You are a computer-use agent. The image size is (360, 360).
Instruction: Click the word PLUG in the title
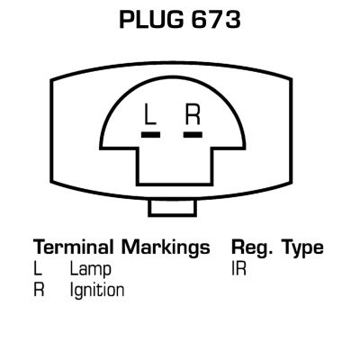151,20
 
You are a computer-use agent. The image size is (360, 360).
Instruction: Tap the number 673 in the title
216,20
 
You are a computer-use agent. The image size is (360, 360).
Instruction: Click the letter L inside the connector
150,114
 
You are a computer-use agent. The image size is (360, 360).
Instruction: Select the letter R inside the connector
193,114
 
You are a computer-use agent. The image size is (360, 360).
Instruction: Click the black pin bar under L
150,135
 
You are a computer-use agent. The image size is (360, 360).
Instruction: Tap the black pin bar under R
193,135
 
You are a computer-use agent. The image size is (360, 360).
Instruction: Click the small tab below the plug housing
173,208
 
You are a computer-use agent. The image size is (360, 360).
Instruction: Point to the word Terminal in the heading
73,247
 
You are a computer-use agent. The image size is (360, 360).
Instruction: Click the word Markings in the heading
166,248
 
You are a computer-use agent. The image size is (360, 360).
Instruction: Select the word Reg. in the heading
252,248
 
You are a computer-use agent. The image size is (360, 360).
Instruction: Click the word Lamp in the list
90,269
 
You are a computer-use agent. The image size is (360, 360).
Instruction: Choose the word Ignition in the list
97,291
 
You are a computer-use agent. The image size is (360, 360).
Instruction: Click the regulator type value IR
238,268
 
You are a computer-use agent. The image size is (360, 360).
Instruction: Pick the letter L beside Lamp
38,268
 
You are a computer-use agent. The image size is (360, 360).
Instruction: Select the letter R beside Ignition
39,290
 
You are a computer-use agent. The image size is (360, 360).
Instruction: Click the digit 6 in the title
200,20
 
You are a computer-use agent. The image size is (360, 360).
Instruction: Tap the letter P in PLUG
127,20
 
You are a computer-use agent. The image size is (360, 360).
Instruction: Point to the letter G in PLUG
175,20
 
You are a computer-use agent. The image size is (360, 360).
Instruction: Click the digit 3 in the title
233,20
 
